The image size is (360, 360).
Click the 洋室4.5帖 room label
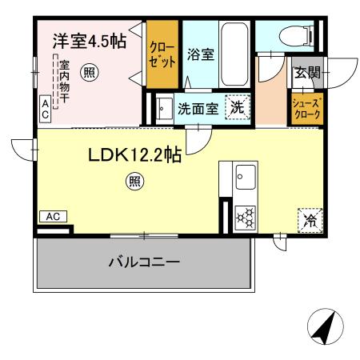(x=89, y=42)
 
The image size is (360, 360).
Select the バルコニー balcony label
(x=143, y=262)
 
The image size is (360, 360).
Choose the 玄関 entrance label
(x=306, y=74)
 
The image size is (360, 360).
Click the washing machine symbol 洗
(x=238, y=108)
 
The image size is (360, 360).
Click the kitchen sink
(x=244, y=176)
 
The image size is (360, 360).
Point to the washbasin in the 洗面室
(x=163, y=109)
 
